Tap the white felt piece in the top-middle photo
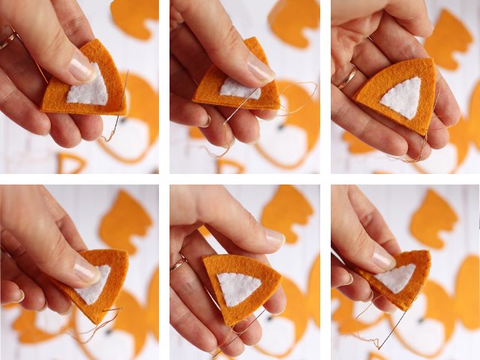click(x=238, y=90)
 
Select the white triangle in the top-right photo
click(x=402, y=98)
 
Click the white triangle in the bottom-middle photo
click(x=238, y=288)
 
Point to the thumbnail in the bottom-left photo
click(x=87, y=270)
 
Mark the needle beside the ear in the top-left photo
click(x=122, y=94)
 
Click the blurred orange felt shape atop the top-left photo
click(x=135, y=16)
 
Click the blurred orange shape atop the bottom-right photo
click(x=434, y=218)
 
